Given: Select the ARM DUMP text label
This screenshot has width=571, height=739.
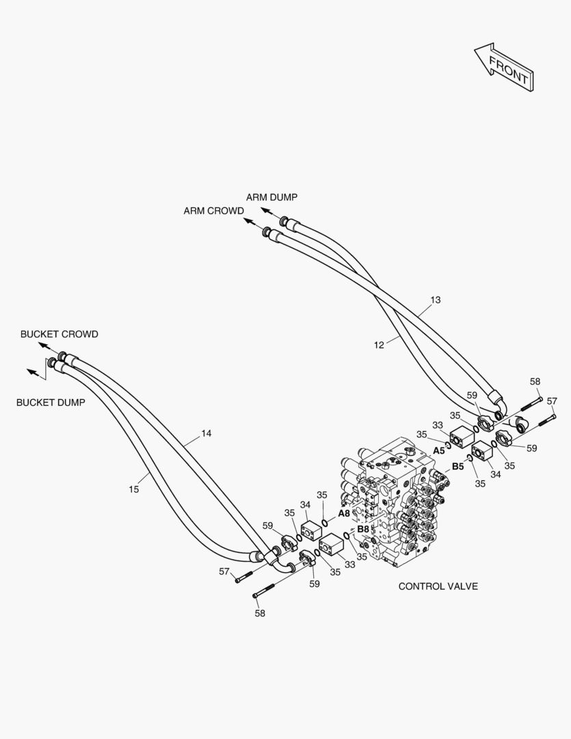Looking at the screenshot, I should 271,197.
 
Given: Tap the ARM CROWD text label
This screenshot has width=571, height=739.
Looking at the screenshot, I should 213,211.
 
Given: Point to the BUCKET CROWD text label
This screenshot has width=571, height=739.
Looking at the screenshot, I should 59,335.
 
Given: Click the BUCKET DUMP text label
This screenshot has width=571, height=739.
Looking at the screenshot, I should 51,402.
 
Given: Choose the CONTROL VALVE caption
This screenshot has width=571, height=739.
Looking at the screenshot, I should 438,586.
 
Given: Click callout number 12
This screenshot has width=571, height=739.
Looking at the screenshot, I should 379,346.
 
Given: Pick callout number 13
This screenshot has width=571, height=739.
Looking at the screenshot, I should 436,300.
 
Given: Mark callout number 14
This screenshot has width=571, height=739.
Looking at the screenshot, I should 207,434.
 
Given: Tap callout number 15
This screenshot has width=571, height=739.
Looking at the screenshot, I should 133,489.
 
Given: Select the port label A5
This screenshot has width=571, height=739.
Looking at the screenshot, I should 439,451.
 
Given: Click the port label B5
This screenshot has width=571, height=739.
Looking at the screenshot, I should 457,467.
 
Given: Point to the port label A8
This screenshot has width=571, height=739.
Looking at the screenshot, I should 344,513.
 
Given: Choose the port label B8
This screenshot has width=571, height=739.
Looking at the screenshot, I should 363,529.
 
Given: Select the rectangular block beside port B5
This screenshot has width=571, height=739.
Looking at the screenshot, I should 483,452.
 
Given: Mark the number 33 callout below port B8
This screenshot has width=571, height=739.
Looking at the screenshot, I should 350,565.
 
